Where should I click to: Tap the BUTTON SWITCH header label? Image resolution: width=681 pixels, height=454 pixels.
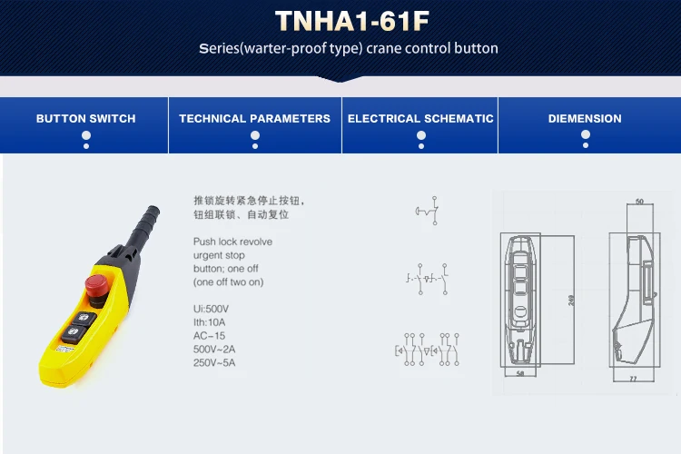[85, 119]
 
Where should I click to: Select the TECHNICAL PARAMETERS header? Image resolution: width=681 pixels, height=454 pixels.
[254, 119]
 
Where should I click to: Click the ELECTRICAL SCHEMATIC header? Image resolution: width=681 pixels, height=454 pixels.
[420, 119]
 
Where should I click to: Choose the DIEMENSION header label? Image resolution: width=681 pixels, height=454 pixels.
[585, 119]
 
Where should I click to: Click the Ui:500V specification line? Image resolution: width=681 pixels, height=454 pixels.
[211, 309]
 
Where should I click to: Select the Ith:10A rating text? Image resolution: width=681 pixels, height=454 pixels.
[211, 321]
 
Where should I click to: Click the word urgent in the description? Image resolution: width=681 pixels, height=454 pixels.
[208, 255]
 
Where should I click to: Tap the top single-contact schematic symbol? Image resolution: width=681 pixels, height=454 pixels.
[427, 211]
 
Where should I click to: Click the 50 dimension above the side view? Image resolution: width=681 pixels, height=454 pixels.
[639, 202]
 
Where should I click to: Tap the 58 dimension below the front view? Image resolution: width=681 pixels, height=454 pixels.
[519, 372]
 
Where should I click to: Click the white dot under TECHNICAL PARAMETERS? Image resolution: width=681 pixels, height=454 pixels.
[254, 135]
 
